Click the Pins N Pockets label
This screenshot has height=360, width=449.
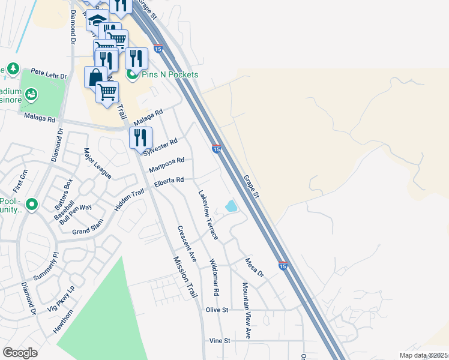pos(169,74)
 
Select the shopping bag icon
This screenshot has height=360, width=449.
pos(95,77)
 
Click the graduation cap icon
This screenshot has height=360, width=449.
pos(96,20)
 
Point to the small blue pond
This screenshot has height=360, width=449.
pos(231,206)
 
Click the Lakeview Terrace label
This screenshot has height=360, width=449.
pos(209,215)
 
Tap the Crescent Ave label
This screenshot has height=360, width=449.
pos(187,244)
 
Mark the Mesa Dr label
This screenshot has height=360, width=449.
pos(254,268)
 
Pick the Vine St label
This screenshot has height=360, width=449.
pos(220,340)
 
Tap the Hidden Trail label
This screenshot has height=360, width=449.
pos(129,200)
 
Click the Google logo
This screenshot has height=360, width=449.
pos(20,353)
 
